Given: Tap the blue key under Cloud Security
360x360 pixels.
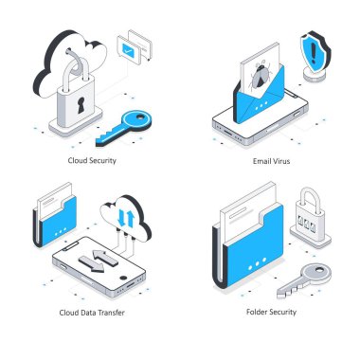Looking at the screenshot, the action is click(x=124, y=128).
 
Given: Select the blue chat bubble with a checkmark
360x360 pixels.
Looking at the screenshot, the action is click(x=127, y=49).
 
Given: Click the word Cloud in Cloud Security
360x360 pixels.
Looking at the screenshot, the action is click(x=78, y=160).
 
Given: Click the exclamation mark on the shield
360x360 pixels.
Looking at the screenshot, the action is click(x=313, y=52).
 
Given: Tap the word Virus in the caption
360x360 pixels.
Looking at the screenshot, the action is click(x=279, y=161).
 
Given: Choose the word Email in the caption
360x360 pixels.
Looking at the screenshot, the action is click(x=261, y=161).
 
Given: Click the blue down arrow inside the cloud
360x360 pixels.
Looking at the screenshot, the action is click(x=121, y=217).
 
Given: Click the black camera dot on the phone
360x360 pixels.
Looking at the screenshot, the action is click(x=123, y=278).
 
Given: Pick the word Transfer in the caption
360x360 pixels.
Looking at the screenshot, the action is click(x=111, y=313).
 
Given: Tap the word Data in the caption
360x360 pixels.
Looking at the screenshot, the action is click(x=87, y=313).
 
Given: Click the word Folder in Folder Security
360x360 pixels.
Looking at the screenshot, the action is click(x=256, y=312).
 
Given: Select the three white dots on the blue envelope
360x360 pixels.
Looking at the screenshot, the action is click(x=261, y=105).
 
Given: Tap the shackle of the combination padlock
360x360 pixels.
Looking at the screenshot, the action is click(x=310, y=198).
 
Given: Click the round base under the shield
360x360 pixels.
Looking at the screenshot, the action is click(x=314, y=76).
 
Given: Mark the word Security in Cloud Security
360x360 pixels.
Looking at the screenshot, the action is click(x=102, y=161).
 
